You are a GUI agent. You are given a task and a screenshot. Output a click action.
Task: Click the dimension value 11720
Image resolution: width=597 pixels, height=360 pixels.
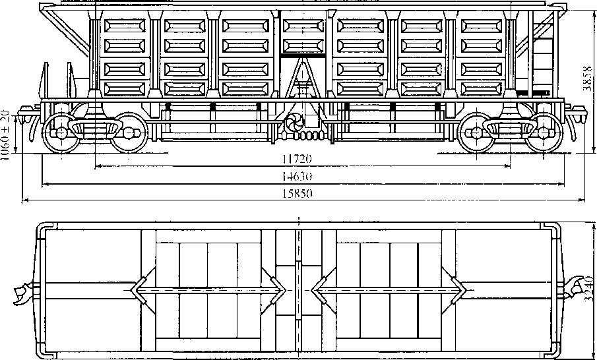297,159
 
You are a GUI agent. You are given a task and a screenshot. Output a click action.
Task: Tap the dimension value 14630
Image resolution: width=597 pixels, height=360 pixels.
297,176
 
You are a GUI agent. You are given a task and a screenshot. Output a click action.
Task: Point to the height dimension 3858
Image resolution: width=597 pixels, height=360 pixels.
588,80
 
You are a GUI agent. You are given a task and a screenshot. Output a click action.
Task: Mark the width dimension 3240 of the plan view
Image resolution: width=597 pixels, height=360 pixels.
588,290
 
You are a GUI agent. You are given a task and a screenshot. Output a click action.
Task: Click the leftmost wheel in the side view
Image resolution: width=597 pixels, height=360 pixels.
58,133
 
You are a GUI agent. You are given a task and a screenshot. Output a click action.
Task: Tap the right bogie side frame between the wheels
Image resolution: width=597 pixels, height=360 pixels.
507,127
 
